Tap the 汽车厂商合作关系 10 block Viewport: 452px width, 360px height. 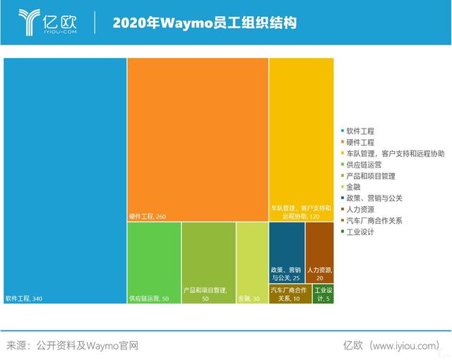coord(288,294)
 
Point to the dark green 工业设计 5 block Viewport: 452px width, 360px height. coord(321,294)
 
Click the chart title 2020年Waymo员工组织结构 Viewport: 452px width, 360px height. coord(205,23)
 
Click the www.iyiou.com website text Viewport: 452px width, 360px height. coord(406,346)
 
